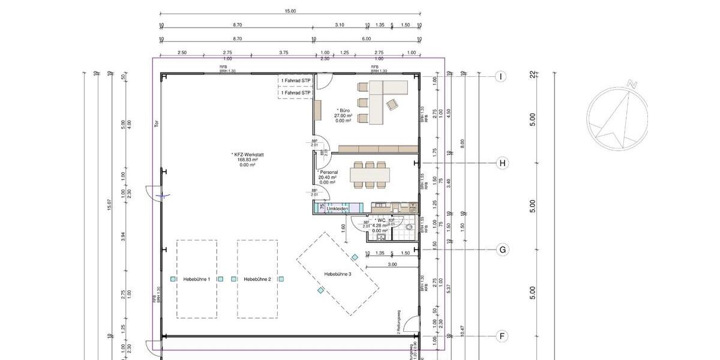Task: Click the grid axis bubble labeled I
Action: click(x=502, y=76)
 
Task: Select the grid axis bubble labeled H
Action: click(x=502, y=163)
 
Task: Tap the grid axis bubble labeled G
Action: click(x=502, y=250)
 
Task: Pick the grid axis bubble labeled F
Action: click(x=502, y=337)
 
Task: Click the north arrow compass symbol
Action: click(x=617, y=115)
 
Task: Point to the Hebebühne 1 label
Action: click(x=196, y=280)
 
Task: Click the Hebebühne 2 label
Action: click(x=257, y=280)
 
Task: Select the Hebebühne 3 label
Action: click(x=338, y=274)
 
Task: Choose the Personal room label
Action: click(x=328, y=172)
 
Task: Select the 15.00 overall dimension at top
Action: click(x=290, y=11)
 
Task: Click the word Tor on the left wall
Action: click(x=156, y=124)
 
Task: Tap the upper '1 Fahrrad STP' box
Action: click(x=295, y=80)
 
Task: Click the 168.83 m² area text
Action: click(x=248, y=160)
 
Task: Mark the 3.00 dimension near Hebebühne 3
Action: click(x=392, y=264)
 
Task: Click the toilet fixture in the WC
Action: click(x=410, y=227)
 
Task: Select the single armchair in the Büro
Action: click(x=392, y=104)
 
